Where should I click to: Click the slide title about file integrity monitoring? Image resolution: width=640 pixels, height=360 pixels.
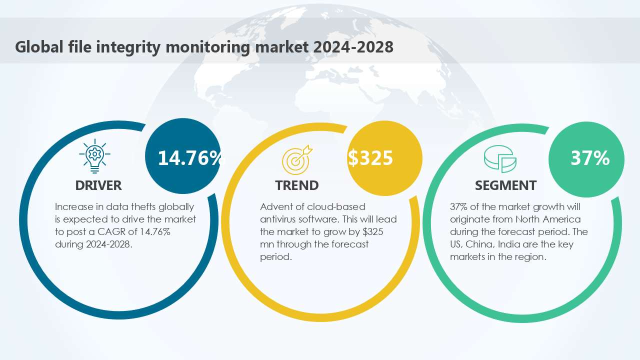click(x=204, y=47)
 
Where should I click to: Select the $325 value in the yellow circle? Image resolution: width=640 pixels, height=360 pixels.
click(x=370, y=157)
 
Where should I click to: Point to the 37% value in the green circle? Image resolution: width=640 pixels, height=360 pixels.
click(x=590, y=158)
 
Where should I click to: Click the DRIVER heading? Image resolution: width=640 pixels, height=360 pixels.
click(x=98, y=185)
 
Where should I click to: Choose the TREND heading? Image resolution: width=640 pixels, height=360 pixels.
click(x=296, y=185)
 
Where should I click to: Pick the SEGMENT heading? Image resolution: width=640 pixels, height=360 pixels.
click(x=505, y=185)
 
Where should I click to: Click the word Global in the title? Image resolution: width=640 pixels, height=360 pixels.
click(x=38, y=47)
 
